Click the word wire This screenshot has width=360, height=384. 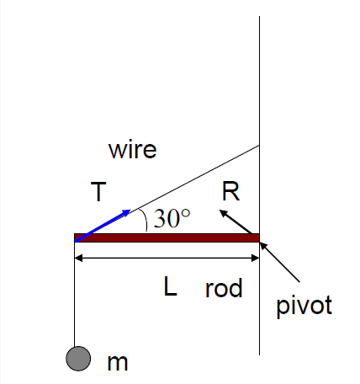tap(132, 150)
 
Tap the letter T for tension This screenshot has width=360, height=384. tap(98, 193)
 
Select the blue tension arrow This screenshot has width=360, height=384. tap(103, 225)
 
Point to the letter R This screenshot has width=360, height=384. tap(230, 192)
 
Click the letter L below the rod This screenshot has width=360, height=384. tap(170, 288)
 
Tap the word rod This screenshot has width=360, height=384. tap(224, 289)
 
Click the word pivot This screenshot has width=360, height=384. tap(304, 305)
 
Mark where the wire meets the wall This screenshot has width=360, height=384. tap(259, 145)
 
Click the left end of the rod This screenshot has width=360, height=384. tap(77, 237)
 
